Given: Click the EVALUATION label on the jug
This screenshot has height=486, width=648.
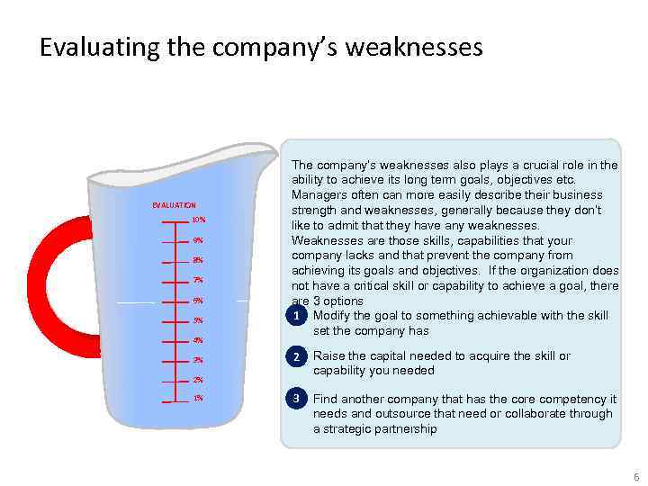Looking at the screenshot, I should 174,205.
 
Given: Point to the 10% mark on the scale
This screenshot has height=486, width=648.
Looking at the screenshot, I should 199,220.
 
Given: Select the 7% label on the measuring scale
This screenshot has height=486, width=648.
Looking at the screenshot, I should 197,280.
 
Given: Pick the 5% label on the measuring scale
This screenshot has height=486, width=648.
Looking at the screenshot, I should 197,320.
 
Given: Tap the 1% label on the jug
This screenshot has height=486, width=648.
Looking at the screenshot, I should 197,398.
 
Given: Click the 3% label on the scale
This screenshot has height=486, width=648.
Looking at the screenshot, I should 197,360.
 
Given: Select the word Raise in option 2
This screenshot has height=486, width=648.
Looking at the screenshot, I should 329,356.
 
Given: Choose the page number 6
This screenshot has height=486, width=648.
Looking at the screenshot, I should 634,475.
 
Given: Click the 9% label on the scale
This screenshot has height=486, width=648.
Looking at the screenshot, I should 197,240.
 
